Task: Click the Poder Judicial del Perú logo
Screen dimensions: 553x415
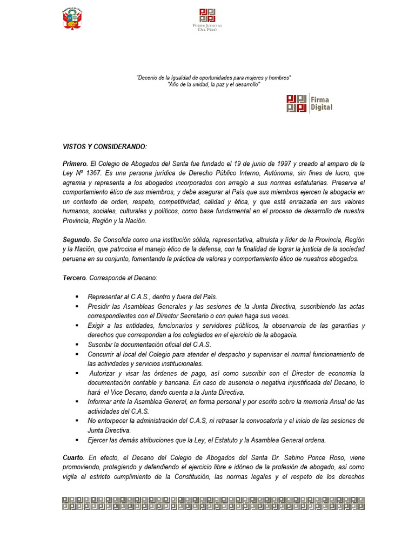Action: (207, 19)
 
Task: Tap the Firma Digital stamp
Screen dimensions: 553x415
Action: (309, 103)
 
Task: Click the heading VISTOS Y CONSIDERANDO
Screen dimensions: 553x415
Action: (104, 147)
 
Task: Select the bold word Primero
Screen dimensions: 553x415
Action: (75, 164)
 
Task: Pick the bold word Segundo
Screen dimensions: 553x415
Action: (76, 239)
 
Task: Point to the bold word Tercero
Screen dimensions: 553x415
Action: (75, 278)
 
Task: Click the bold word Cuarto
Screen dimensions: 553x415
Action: (73, 458)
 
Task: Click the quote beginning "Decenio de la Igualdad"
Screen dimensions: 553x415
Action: (213, 78)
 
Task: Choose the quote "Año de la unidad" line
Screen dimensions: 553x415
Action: (213, 85)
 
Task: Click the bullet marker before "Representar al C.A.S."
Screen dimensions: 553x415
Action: (77, 297)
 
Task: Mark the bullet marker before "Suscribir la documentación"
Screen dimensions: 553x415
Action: (77, 345)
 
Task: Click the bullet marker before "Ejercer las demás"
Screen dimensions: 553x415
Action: (77, 440)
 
